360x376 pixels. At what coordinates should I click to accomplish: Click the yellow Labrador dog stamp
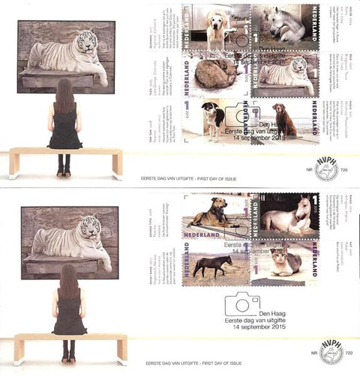tap(219, 26)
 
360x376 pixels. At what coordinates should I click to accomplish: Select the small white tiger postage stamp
tap(286, 75)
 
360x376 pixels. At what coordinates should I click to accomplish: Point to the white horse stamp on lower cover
tap(285, 216)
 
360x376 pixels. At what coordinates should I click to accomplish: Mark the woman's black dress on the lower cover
tap(69, 315)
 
